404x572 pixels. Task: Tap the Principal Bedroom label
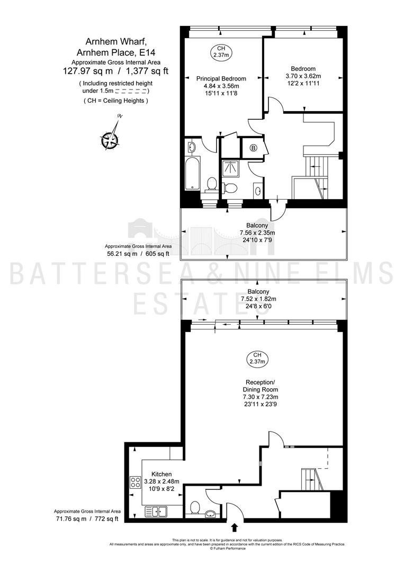221,78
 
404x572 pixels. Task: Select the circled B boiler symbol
253,148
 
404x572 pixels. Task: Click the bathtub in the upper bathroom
192,173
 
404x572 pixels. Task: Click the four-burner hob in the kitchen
136,482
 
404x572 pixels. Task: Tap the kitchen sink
156,512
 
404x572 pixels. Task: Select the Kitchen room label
161,474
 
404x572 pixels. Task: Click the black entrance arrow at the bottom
234,527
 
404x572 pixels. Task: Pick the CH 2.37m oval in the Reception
257,358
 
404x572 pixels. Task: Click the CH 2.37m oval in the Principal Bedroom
221,51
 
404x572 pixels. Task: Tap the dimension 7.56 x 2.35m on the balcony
257,233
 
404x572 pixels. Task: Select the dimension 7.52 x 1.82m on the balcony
258,299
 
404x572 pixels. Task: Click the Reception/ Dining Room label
259,386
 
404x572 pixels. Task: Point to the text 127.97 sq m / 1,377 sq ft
116,71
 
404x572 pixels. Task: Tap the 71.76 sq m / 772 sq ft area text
87,519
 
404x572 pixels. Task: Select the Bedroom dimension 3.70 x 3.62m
303,76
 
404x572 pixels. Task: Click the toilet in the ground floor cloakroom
195,507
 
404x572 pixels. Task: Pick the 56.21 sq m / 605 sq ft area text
138,254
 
